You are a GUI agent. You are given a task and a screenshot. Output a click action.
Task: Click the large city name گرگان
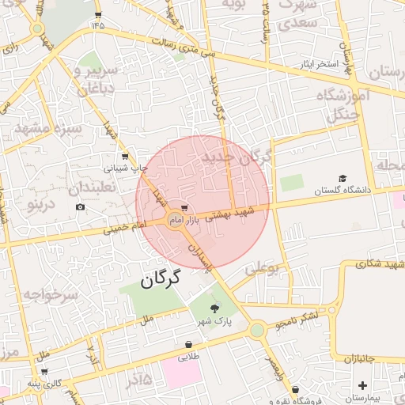coord(161,278)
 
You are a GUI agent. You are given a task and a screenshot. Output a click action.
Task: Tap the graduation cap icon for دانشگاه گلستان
coord(343,179)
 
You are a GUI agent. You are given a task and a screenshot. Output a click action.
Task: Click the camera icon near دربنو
coord(81,207)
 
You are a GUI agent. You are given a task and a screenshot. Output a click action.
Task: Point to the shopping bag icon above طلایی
coord(189,345)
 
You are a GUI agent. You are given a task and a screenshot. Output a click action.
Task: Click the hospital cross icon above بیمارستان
coord(362,386)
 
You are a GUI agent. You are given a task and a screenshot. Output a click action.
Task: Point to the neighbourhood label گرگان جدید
coord(236,155)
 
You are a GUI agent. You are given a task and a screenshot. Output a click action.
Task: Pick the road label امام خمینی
coord(125,228)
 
